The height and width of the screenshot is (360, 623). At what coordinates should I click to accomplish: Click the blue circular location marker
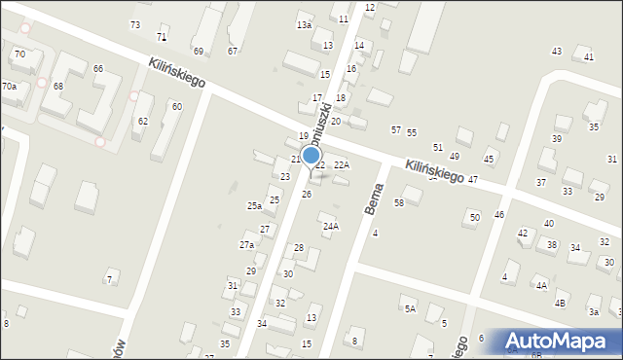click(311, 155)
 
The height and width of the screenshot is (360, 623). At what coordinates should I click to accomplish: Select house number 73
click(134, 24)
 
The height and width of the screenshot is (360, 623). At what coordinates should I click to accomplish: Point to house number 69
click(199, 51)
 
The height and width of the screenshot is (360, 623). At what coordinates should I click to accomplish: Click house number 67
click(233, 51)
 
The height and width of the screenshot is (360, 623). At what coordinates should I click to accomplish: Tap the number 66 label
click(98, 68)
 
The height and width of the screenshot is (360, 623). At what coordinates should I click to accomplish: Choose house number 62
click(143, 121)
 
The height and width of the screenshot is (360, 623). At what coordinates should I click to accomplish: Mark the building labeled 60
click(176, 106)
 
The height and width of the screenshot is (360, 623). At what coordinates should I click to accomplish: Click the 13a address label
click(305, 24)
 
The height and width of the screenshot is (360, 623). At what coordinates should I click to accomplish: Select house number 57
click(396, 129)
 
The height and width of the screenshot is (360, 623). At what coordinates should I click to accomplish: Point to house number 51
click(438, 146)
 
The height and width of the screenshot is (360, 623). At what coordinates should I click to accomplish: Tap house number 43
click(557, 51)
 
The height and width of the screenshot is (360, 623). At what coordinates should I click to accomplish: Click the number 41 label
click(589, 57)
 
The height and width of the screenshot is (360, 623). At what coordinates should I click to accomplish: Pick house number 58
click(399, 201)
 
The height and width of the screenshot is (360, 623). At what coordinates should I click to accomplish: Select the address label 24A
click(331, 226)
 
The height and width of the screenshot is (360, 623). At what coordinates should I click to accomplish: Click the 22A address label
click(341, 164)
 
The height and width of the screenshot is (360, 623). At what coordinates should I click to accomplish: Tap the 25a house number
click(254, 205)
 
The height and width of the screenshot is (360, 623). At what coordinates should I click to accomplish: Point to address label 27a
click(247, 245)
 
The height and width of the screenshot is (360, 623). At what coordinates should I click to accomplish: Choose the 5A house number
click(410, 308)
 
